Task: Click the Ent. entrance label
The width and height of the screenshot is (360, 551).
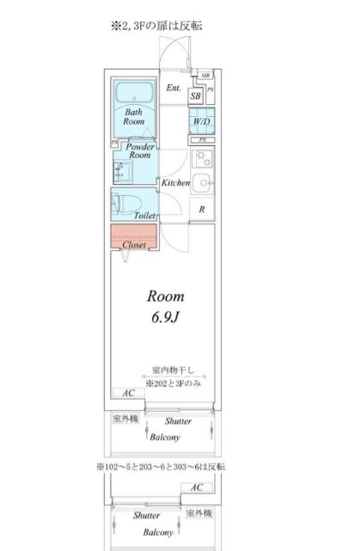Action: (173, 88)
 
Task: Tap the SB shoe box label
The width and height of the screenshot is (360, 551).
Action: (196, 97)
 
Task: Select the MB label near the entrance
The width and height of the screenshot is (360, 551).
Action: (205, 76)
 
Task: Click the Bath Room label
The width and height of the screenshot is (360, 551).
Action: (134, 118)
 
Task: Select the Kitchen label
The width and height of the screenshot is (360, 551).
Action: (175, 184)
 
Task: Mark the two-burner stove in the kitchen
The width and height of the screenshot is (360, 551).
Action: (203, 158)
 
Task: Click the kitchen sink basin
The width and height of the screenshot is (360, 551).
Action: (203, 182)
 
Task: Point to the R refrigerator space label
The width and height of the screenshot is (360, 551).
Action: (202, 209)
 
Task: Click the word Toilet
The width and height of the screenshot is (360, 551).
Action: (144, 217)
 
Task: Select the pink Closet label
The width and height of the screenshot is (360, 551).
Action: (133, 245)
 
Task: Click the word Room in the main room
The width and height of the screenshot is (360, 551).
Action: (162, 297)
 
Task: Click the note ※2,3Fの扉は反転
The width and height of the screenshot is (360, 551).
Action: (156, 27)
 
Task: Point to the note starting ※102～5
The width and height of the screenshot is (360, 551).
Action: (161, 466)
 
